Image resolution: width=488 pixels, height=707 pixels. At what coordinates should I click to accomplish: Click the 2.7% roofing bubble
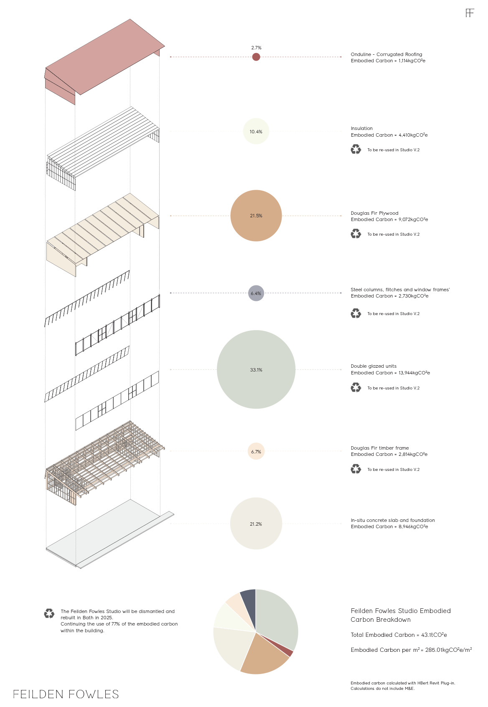point(256,57)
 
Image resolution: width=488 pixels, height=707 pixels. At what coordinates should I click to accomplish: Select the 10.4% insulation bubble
point(256,131)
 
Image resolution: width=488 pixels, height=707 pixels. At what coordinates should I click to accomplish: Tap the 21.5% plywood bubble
point(256,216)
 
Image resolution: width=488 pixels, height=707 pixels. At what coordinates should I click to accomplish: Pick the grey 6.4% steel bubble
point(256,293)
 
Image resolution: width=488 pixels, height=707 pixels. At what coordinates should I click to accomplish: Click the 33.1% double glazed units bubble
point(256,369)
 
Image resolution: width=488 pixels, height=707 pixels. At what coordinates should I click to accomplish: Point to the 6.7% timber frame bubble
point(256,451)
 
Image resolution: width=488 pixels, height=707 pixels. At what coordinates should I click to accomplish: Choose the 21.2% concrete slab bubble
point(256,524)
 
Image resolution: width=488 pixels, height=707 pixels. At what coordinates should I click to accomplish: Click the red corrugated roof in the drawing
point(104,58)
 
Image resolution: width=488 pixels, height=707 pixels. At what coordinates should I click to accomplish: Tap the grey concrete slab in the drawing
point(109,531)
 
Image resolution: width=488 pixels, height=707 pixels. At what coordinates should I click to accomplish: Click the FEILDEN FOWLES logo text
point(66,694)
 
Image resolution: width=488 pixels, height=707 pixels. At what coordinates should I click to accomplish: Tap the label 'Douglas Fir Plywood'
point(374,213)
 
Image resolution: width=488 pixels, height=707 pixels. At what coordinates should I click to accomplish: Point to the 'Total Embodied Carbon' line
point(399,635)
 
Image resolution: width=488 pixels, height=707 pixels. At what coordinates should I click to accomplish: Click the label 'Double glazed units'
point(374,366)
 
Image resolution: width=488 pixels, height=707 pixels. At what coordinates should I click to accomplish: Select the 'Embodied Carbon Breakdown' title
point(400,615)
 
